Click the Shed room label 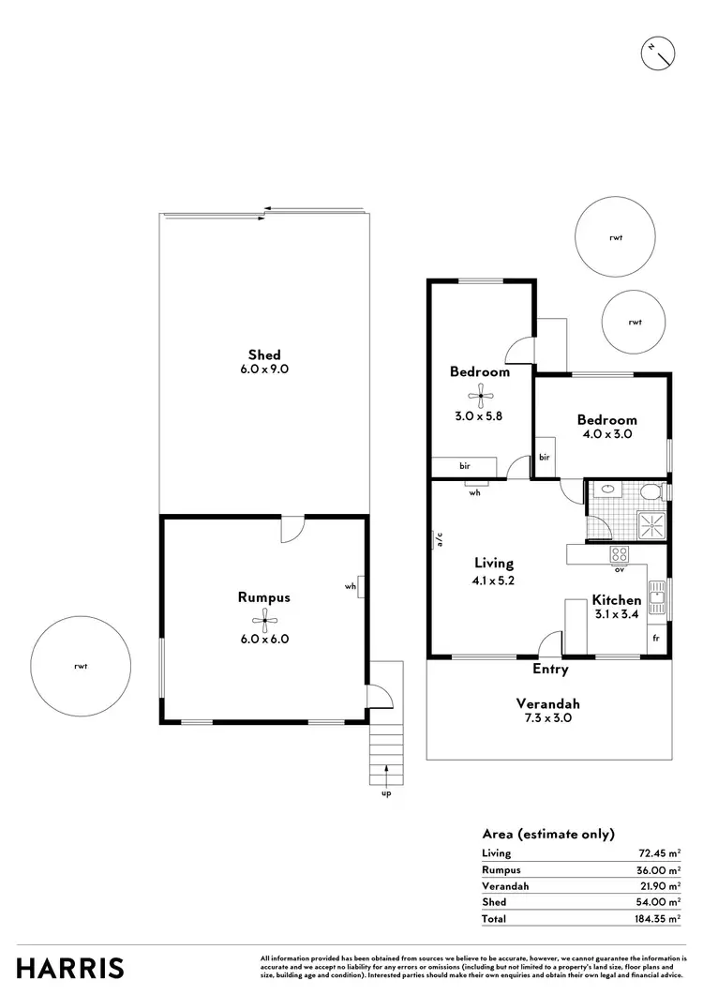(264, 354)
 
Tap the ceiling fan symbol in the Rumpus (265, 618)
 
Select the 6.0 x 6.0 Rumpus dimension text (264, 639)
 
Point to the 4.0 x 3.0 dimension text (606, 435)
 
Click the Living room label (493, 564)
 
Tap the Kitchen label (616, 600)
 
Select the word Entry (550, 669)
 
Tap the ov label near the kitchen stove (619, 569)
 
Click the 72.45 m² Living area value (657, 852)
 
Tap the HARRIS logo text (70, 967)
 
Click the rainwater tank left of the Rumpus (80, 666)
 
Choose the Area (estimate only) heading (547, 833)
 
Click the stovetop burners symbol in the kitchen (619, 554)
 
